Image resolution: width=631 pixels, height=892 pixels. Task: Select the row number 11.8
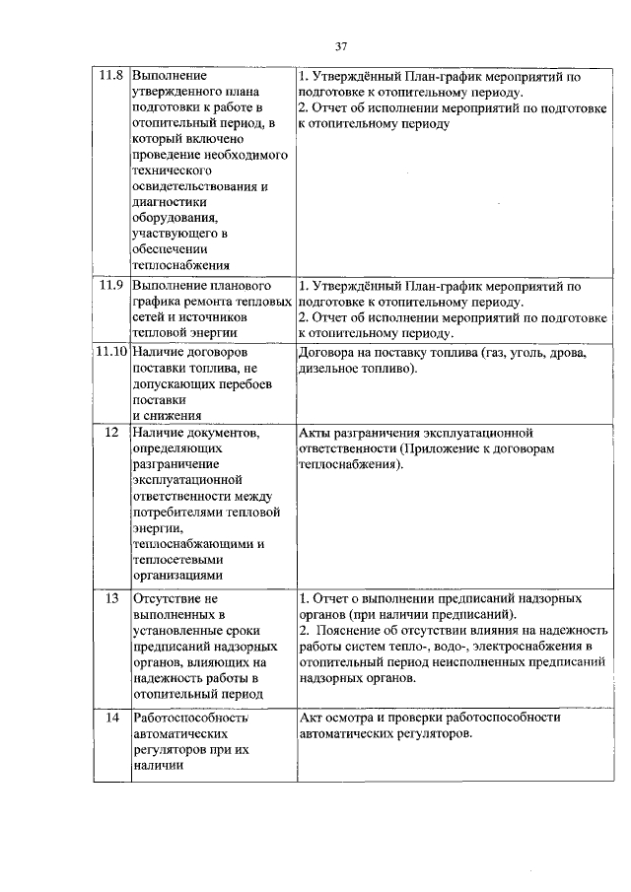click(x=111, y=75)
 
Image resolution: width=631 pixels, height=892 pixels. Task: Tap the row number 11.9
click(x=111, y=286)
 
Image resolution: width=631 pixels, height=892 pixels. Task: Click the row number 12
click(x=111, y=433)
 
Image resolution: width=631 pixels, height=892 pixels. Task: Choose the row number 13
click(x=111, y=598)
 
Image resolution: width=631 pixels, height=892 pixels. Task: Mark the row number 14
click(x=111, y=718)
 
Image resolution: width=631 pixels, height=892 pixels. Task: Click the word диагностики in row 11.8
click(x=171, y=201)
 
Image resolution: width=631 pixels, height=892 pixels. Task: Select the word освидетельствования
click(x=197, y=185)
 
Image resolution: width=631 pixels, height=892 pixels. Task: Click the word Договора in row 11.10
click(x=327, y=352)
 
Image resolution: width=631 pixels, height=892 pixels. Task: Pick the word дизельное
click(x=330, y=369)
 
